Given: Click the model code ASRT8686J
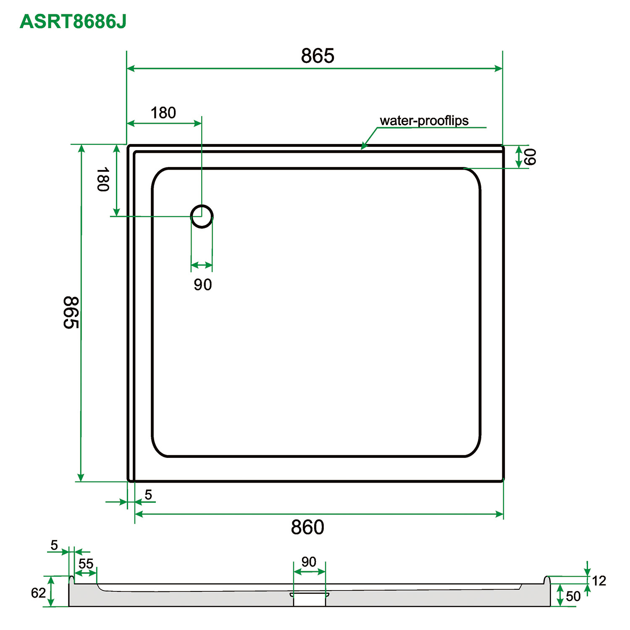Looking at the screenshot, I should click(x=73, y=21).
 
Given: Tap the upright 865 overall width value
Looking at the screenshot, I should click(x=318, y=56).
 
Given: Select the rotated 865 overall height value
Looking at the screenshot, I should click(x=71, y=313).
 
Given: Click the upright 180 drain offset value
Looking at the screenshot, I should click(x=163, y=113).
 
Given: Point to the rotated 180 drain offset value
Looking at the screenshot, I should click(x=103, y=179).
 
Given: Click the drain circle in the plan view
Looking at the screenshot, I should click(x=202, y=217).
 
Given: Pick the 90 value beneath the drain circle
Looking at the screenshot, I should click(x=202, y=285).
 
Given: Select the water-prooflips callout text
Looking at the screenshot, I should click(x=424, y=121).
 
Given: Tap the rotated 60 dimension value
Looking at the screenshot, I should click(x=530, y=157).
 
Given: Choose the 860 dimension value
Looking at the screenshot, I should click(x=307, y=527).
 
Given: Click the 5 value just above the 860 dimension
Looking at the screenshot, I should click(x=148, y=495).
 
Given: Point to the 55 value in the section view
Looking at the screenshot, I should click(x=86, y=564).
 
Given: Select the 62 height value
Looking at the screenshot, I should click(x=38, y=593).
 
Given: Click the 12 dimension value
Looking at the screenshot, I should click(x=599, y=581).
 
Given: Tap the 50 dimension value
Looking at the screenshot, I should click(x=573, y=596).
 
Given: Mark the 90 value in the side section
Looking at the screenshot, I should click(x=309, y=562).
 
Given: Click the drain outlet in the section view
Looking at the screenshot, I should click(x=310, y=599).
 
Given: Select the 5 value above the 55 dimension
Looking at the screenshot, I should click(x=54, y=545).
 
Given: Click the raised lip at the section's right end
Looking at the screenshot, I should click(x=547, y=580).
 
